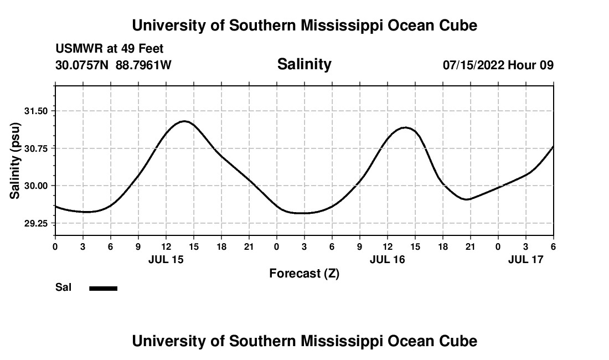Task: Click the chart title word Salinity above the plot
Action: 304,64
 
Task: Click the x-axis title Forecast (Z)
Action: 304,273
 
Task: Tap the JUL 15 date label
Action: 166,259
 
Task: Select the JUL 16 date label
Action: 388,259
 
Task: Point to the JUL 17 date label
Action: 526,259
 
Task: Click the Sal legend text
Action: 64,287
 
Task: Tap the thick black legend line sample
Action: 104,288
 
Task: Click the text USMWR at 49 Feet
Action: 110,49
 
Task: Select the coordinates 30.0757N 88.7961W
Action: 113,65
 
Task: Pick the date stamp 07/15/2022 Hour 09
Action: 498,65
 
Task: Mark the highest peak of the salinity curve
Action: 184,121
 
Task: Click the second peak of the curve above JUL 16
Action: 406,127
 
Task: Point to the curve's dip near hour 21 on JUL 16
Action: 468,199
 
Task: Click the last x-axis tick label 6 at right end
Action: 553,246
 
